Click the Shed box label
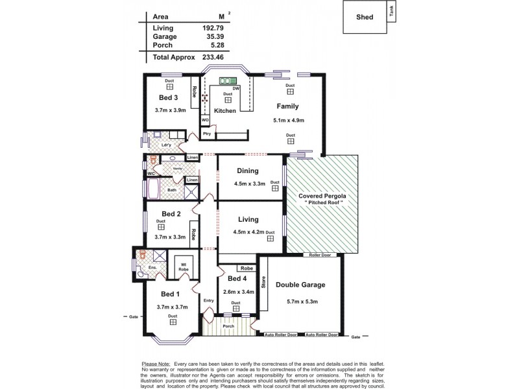(x=365, y=18)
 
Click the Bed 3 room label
(x=169, y=98)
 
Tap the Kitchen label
(x=225, y=112)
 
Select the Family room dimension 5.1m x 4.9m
(x=289, y=121)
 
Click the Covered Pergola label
(x=322, y=196)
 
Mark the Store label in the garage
(x=263, y=282)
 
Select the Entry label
(x=208, y=300)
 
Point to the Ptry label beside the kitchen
(x=207, y=134)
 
